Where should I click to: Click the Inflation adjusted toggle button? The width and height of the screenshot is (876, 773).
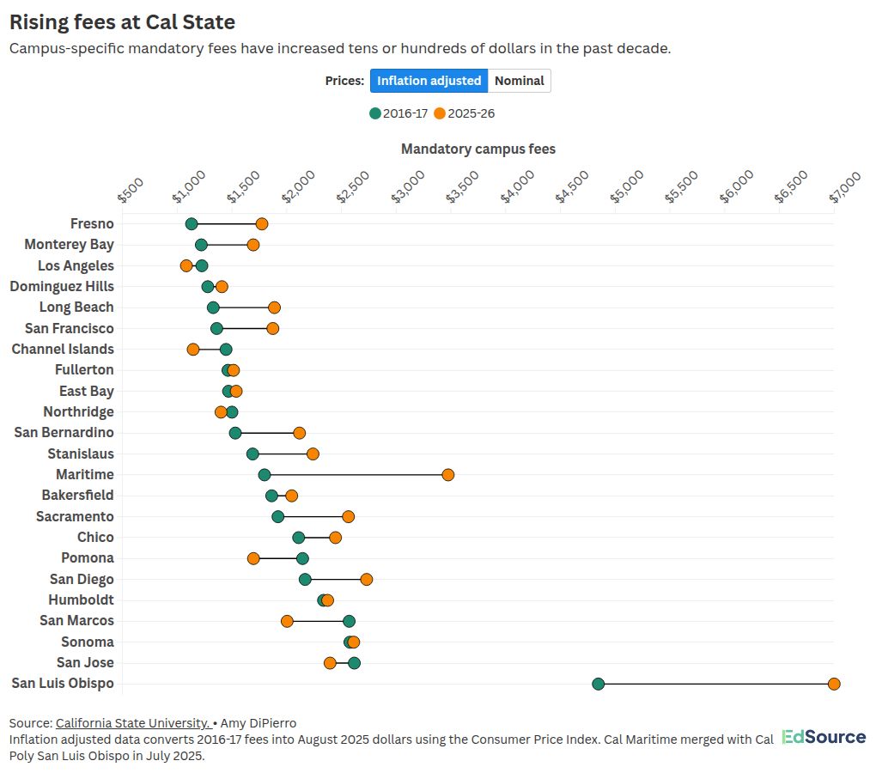click(x=429, y=81)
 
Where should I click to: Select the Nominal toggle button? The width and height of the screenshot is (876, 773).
click(x=520, y=81)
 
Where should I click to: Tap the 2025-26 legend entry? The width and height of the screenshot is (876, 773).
click(x=464, y=113)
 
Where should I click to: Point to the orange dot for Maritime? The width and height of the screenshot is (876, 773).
click(x=447, y=475)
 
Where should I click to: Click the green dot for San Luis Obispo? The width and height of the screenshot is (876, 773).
click(x=599, y=684)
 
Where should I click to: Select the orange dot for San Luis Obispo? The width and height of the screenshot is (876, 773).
click(x=834, y=684)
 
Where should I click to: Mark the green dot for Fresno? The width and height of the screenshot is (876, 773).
click(x=192, y=224)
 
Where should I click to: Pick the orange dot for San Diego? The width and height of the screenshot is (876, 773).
click(x=367, y=580)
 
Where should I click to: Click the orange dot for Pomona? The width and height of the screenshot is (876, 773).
click(x=253, y=558)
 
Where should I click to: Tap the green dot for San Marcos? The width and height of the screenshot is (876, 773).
click(x=349, y=621)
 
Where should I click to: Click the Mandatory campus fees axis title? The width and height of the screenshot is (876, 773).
click(x=478, y=149)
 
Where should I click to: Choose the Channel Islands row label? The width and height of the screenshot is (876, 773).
click(x=63, y=350)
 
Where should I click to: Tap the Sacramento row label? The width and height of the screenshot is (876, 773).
click(x=75, y=516)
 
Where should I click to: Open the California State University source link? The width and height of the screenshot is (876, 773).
click(x=132, y=723)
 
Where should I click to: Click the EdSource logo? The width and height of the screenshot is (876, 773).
click(x=824, y=738)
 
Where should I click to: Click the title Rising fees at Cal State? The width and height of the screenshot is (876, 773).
click(x=122, y=21)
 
